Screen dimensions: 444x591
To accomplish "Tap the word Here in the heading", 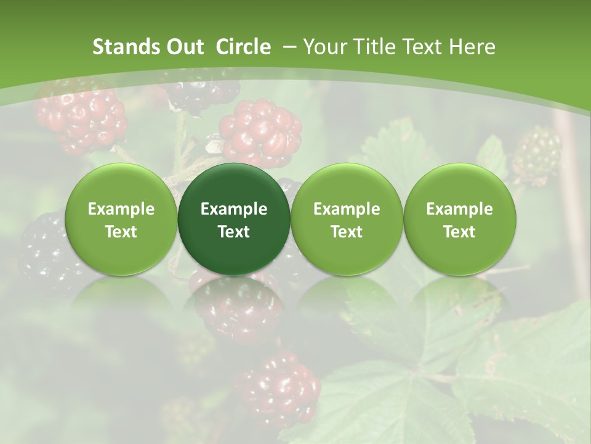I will click(473, 47).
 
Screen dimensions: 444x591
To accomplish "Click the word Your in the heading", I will click(325, 47).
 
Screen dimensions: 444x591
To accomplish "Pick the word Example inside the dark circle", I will click(234, 209).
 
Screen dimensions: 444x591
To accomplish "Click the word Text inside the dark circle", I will click(234, 232).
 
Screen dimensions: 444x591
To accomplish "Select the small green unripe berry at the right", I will click(537, 154).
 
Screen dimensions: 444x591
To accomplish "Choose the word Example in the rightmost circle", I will click(459, 209).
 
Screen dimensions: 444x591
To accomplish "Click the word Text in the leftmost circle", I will click(121, 232).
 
